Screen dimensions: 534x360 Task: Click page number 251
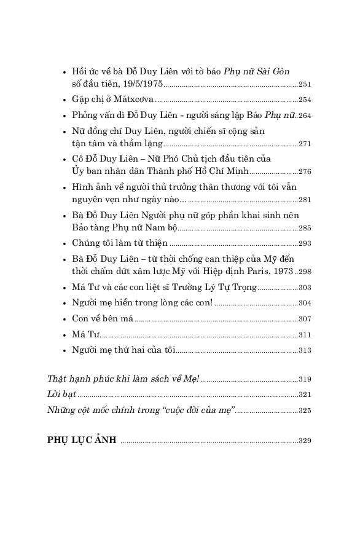(305, 84)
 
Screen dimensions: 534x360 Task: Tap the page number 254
(305, 100)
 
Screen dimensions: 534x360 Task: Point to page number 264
(305, 116)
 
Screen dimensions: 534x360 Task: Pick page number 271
(305, 144)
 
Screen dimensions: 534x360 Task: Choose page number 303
(305, 288)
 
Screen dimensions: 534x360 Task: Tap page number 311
(305, 335)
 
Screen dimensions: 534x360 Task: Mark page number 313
(305, 350)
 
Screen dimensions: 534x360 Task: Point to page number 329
(305, 441)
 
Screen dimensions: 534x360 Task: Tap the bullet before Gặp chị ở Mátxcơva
(65, 100)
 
